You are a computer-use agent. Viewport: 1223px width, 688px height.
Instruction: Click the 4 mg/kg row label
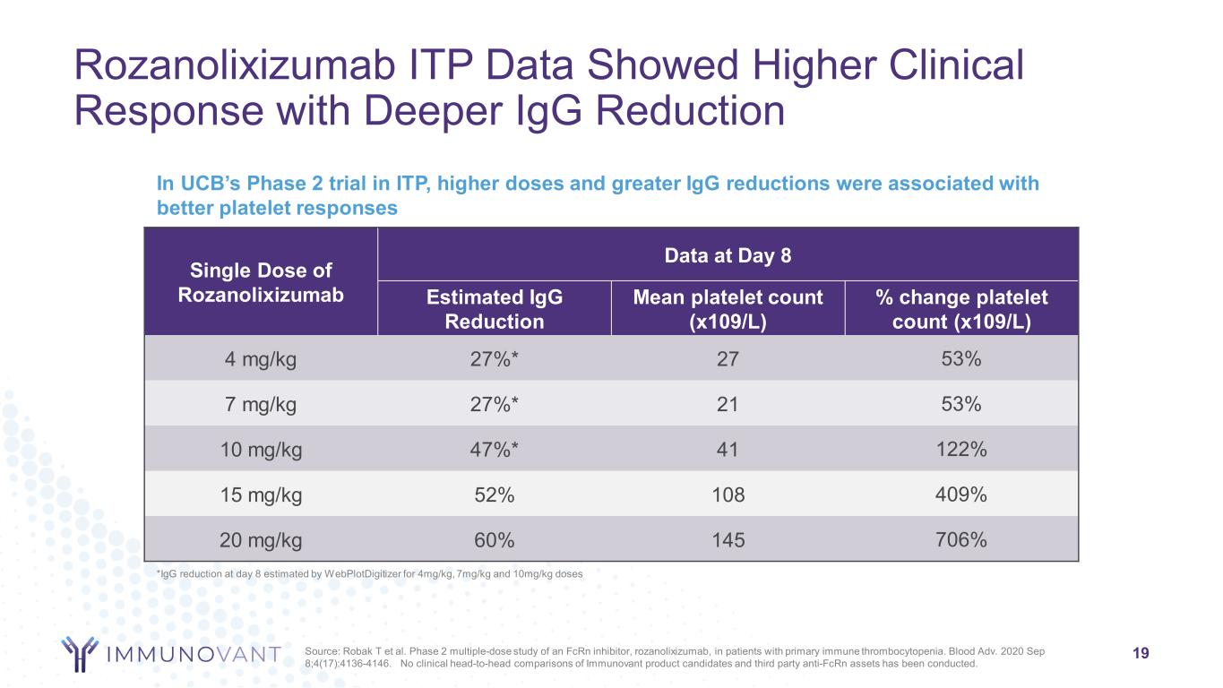pyautogui.click(x=261, y=359)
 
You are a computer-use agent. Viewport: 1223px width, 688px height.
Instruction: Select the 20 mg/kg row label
pyautogui.click(x=261, y=540)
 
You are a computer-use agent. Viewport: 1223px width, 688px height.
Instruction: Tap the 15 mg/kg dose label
pyautogui.click(x=261, y=494)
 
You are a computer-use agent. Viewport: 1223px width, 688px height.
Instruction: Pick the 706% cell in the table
pyautogui.click(x=962, y=540)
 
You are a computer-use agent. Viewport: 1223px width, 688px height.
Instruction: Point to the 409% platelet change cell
pyautogui.click(x=962, y=494)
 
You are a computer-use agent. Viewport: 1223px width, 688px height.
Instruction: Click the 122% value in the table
pyautogui.click(x=962, y=450)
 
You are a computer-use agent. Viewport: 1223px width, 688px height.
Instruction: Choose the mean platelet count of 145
pyautogui.click(x=728, y=540)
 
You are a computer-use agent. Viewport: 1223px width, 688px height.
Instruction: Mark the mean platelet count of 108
pyautogui.click(x=728, y=494)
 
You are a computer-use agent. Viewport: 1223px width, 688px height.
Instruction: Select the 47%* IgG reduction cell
pyautogui.click(x=494, y=450)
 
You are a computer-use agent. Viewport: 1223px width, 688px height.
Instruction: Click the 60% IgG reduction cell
pyautogui.click(x=494, y=540)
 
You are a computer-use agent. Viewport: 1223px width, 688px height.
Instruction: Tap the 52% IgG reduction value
pyautogui.click(x=494, y=494)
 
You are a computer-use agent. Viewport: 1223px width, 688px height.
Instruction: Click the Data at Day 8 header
pyautogui.click(x=728, y=254)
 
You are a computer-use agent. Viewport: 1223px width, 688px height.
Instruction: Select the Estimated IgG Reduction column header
pyautogui.click(x=494, y=309)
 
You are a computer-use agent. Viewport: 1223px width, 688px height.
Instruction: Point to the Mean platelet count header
pyautogui.click(x=728, y=309)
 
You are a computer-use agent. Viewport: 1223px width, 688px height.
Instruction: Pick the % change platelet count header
pyautogui.click(x=962, y=309)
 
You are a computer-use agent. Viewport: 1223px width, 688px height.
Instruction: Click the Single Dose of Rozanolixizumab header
pyautogui.click(x=261, y=281)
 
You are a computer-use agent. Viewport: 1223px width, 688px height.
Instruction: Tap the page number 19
pyautogui.click(x=1141, y=653)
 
